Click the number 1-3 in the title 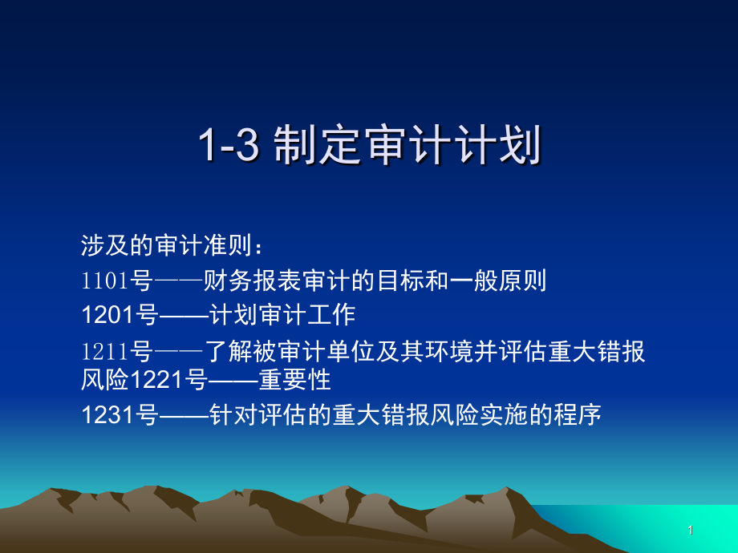tap(229, 144)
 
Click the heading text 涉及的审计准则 tap(167, 245)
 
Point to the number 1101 tap(105, 281)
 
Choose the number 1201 tap(107, 315)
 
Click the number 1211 tap(105, 352)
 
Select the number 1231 tap(107, 415)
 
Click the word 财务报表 tap(252, 281)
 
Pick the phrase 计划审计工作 tap(282, 315)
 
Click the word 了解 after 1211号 tap(229, 352)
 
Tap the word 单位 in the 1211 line tap(351, 352)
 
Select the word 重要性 tap(294, 379)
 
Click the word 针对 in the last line tap(233, 415)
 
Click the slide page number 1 tap(691, 531)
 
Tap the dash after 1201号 tap(184, 316)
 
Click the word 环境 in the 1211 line tap(448, 352)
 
